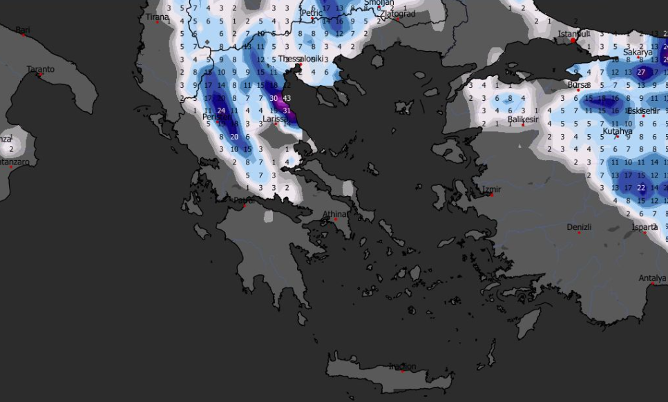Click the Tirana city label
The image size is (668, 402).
(158, 17)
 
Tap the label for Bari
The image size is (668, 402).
(23, 30)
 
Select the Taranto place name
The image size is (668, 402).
(40, 69)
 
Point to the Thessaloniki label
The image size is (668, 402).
(301, 59)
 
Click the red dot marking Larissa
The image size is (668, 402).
(276, 124)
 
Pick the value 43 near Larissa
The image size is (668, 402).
(287, 98)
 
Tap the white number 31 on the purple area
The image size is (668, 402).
(287, 111)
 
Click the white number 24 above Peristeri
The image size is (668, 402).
(221, 111)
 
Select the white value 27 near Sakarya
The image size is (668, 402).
(641, 72)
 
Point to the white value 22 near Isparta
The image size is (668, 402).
(641, 188)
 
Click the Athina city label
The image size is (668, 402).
(335, 214)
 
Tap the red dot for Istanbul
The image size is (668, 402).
(573, 40)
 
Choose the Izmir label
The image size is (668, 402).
(493, 189)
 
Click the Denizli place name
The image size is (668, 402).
(579, 227)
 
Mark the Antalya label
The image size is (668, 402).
(653, 278)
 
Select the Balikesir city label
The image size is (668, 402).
(522, 119)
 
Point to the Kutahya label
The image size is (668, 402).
(617, 131)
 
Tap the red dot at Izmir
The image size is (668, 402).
(492, 195)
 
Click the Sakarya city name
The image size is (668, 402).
(638, 52)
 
